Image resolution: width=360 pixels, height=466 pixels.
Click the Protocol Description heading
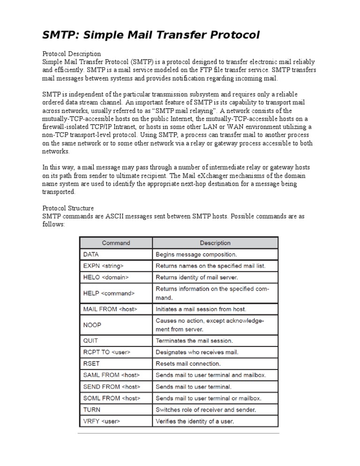coord(72,54)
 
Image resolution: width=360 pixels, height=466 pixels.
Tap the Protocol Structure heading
coord(68,208)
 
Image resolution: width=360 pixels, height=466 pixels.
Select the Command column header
coord(116,243)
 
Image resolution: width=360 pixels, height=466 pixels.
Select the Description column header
coord(215,243)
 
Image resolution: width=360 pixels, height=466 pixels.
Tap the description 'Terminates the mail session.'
coord(194,341)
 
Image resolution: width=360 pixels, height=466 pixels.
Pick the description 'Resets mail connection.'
coord(188,363)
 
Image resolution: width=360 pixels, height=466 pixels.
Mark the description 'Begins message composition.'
coord(196,255)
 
